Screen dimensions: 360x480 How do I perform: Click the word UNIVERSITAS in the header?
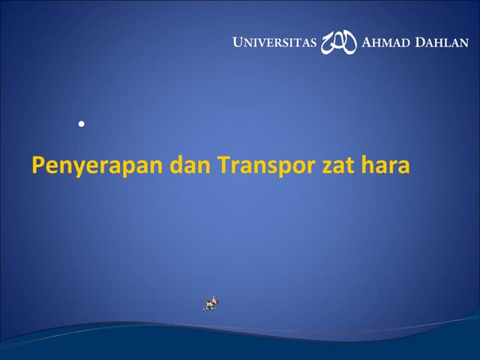(274, 42)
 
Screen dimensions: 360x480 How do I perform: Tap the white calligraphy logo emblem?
(339, 43)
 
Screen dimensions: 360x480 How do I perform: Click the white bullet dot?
(79, 122)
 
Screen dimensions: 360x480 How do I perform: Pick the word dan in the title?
(190, 164)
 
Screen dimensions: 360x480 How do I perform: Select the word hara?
(388, 164)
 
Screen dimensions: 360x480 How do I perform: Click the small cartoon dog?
(211, 303)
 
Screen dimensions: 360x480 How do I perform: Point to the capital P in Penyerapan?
(38, 164)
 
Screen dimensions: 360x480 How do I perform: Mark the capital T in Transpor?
(223, 164)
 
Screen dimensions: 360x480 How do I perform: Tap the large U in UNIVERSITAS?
(238, 42)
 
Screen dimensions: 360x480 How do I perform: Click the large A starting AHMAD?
(366, 42)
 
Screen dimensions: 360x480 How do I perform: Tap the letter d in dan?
(177, 164)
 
